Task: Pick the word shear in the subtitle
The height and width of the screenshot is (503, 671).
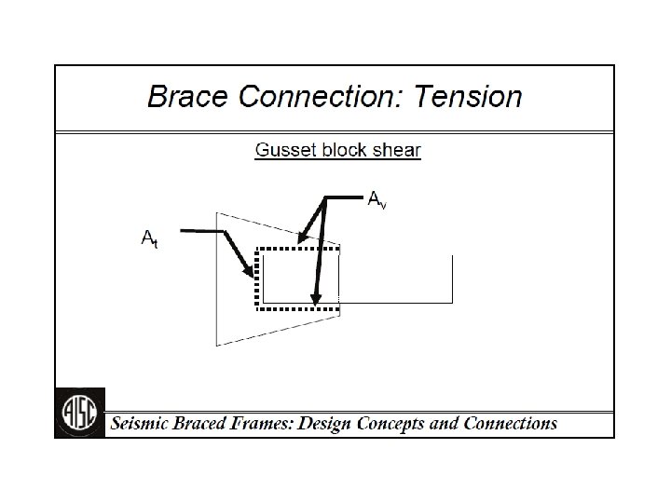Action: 398,150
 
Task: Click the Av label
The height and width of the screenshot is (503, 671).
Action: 377,199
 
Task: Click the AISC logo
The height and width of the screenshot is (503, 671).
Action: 80,412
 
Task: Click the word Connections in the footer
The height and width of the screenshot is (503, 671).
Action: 511,424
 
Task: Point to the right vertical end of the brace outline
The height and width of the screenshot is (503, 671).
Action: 452,279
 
